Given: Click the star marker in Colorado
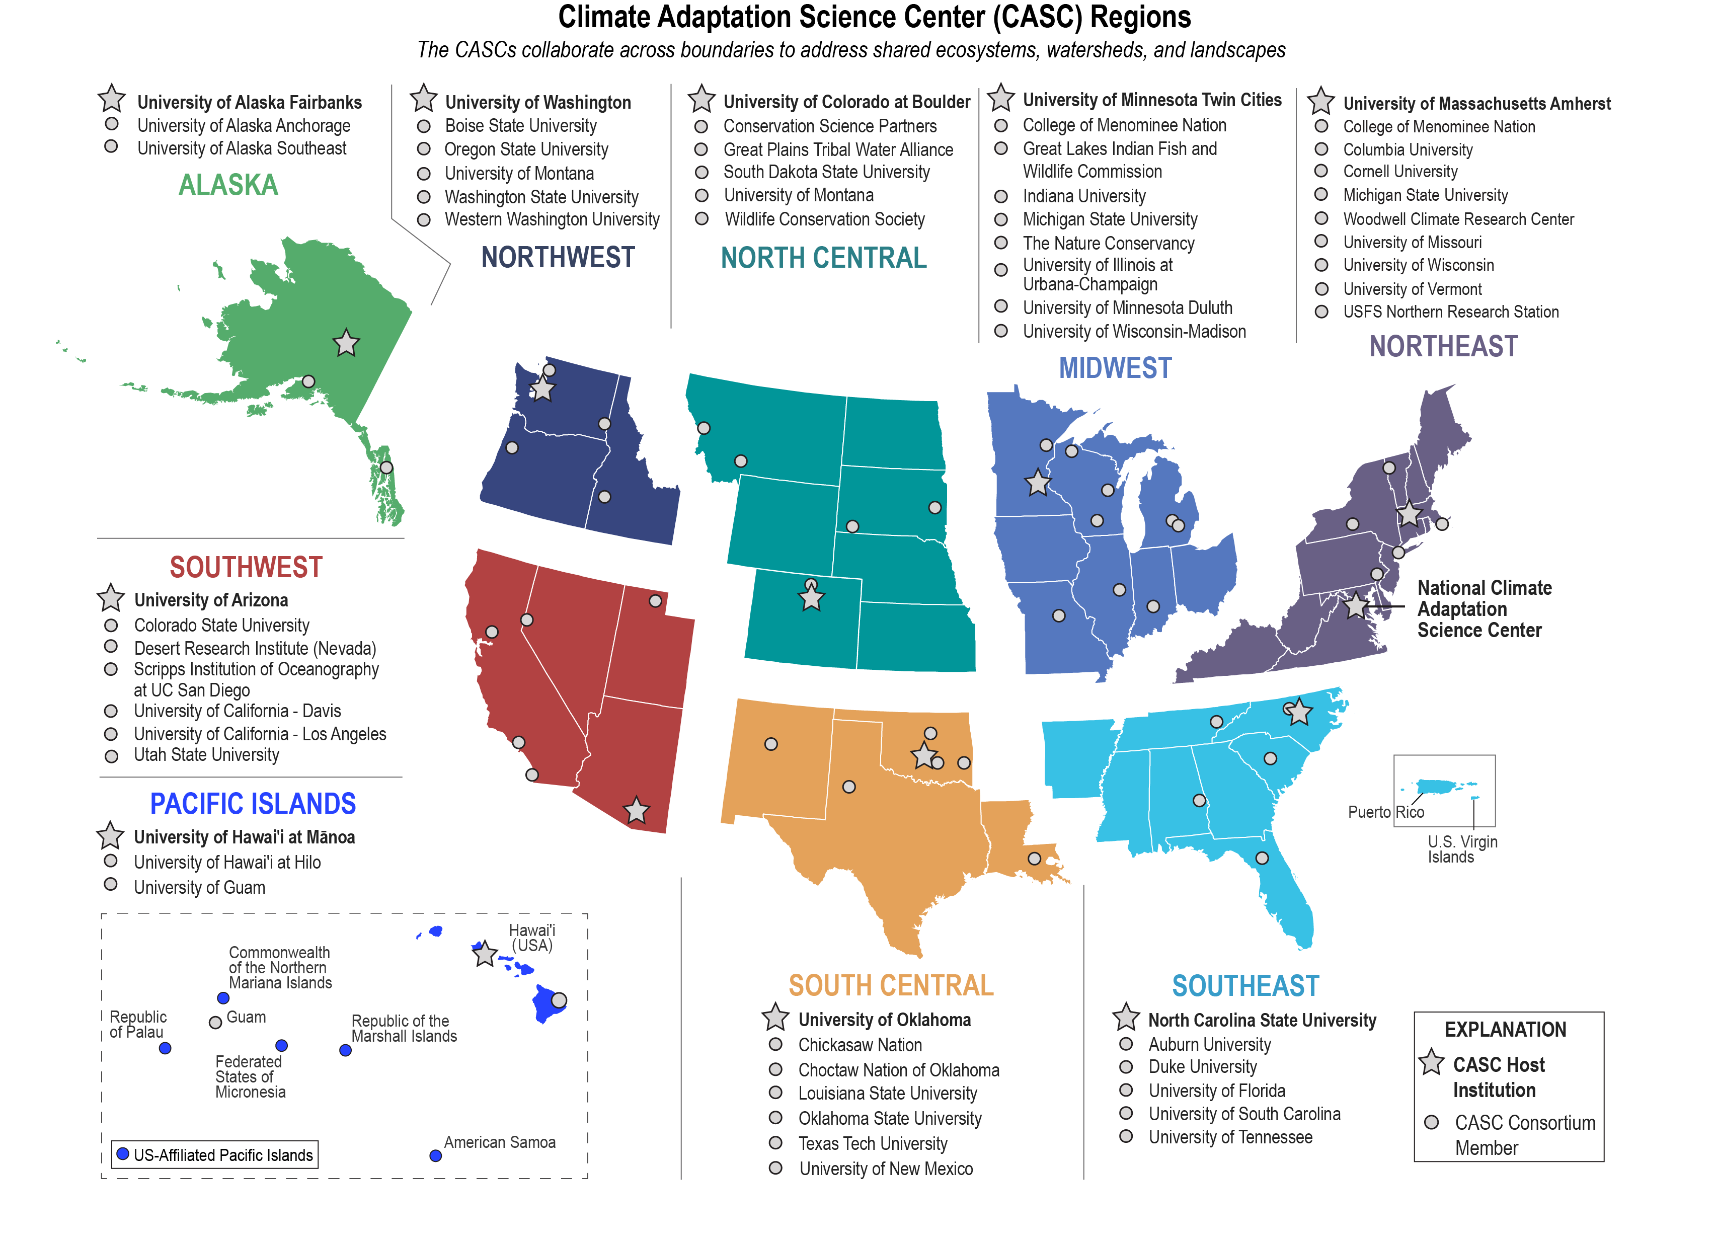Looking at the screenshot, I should click(811, 599).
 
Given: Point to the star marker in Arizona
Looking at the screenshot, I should click(636, 811).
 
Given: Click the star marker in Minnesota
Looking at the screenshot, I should click(1038, 483).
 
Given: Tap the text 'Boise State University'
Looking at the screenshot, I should click(520, 126).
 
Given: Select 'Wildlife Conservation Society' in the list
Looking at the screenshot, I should click(824, 219).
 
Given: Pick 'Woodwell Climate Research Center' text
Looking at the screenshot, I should click(1458, 219).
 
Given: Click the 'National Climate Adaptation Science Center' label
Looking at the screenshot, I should click(1483, 609).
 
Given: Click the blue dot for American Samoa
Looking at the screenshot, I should click(436, 1156).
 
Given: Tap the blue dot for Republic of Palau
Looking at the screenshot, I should click(165, 1048).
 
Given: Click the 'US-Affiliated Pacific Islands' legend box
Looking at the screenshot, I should click(215, 1155).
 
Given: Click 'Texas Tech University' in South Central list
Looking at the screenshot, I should click(873, 1144).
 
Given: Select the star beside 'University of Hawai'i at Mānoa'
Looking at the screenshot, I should click(110, 836).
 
